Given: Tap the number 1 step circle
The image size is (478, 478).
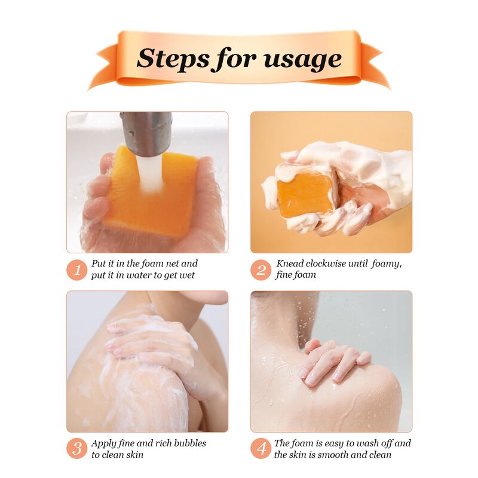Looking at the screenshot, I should click(x=77, y=269).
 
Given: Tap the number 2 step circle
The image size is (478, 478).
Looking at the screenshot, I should click(x=261, y=269).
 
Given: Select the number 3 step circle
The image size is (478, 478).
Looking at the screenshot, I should click(x=77, y=449).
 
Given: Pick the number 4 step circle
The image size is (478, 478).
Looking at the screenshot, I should click(x=261, y=449).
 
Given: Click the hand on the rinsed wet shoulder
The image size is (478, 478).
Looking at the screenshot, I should click(x=332, y=361).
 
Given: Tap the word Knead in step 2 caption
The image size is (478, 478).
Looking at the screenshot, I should click(x=289, y=263).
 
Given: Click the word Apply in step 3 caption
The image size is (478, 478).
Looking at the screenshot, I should click(x=103, y=443).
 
